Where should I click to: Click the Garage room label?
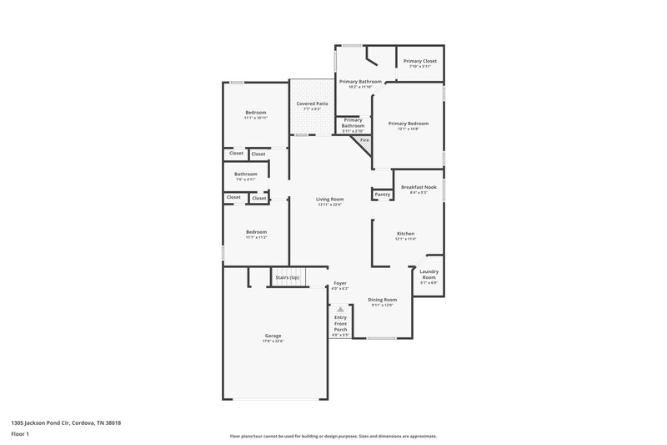point(273,336)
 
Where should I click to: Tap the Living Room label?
point(329,199)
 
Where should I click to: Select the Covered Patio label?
point(312,104)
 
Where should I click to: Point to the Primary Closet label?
point(419,61)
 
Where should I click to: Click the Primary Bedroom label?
point(408,124)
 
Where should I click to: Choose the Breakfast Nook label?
point(418,187)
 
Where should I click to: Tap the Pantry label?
point(383,195)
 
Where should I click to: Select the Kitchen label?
point(405,233)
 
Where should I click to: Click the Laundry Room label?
point(429,274)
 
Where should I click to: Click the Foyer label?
point(340,283)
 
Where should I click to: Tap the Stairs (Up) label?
point(288,276)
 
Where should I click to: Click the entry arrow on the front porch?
point(340,309)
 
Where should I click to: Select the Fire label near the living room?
point(364,140)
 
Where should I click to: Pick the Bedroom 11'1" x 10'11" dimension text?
point(255,118)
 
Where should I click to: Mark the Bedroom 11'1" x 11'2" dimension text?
point(255,237)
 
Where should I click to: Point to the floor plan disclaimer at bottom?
point(333,436)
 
